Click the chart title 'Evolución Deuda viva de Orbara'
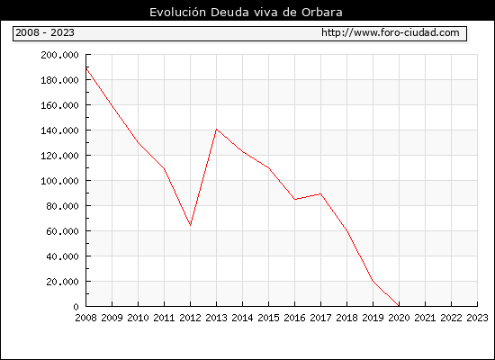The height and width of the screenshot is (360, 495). (x=246, y=12)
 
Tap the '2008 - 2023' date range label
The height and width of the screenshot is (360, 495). (x=45, y=32)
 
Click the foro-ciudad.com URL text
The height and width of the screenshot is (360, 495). (x=391, y=32)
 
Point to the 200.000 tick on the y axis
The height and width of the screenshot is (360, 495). (x=59, y=55)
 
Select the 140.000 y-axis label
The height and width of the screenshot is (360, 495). (x=59, y=130)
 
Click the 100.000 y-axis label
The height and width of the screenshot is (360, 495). (x=59, y=181)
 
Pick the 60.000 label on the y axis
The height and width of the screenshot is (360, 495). (x=62, y=231)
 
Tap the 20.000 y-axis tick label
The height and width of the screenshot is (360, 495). (x=62, y=282)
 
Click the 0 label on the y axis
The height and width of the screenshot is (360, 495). (x=76, y=307)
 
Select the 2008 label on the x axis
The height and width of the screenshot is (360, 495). (x=85, y=318)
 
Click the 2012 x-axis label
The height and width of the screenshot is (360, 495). (x=191, y=318)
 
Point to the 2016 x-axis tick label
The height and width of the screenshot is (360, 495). (x=294, y=318)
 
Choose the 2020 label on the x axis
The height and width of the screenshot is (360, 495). (x=399, y=318)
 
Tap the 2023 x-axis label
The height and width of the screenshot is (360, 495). (x=477, y=318)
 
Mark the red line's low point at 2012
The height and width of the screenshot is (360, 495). (x=191, y=225)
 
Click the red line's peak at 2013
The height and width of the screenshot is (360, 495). (x=216, y=130)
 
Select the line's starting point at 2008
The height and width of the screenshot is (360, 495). (x=86, y=67)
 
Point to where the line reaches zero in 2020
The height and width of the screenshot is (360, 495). (x=399, y=306)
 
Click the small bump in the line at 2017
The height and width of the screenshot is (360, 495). (x=320, y=193)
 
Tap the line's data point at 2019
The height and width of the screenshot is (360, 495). (x=373, y=280)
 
